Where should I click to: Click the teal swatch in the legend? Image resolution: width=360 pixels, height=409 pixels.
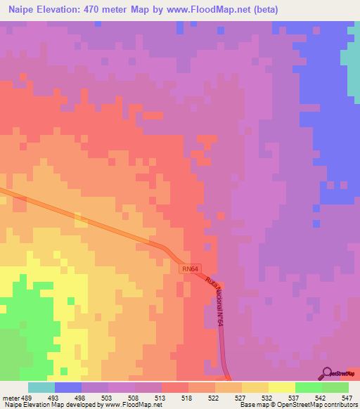pyautogui.click(x=41, y=387)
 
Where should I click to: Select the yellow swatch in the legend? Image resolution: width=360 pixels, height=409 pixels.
pyautogui.click(x=281, y=387)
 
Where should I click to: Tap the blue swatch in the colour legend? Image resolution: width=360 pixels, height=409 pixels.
pyautogui.click(x=68, y=387)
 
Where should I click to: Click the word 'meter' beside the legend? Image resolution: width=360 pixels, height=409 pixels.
pyautogui.click(x=11, y=397)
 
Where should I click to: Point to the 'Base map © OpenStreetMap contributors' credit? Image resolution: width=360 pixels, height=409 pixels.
pyautogui.click(x=298, y=405)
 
